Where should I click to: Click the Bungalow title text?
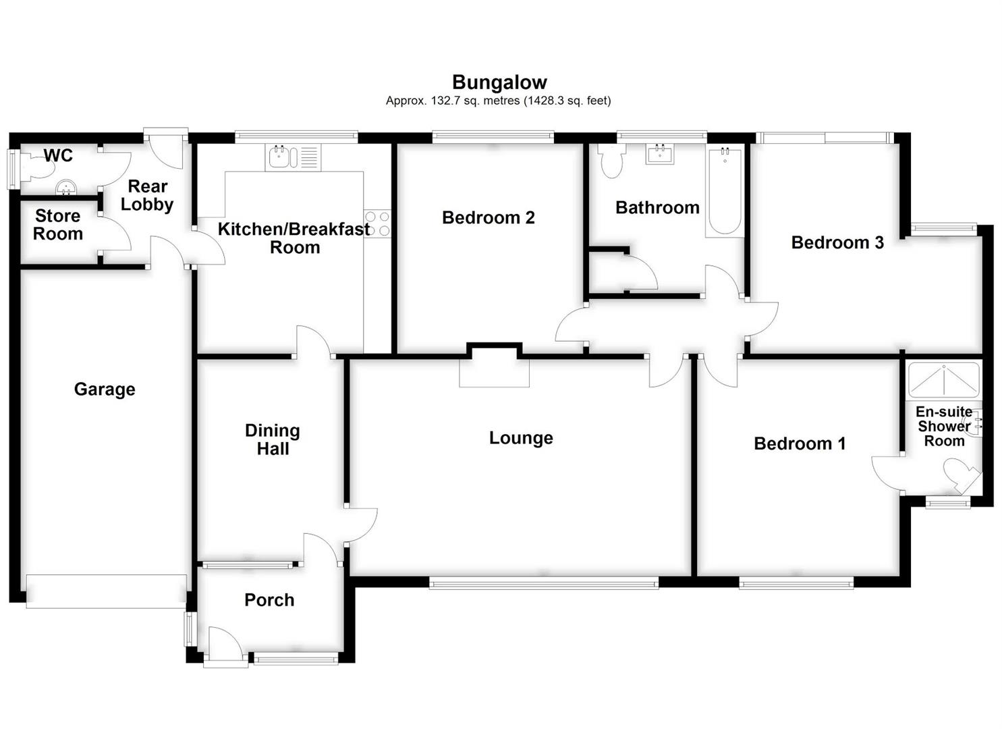coord(499,82)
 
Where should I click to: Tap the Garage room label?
coord(105,389)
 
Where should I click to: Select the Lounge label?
coord(521,438)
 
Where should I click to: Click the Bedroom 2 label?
coord(488,217)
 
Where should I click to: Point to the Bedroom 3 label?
coord(837,242)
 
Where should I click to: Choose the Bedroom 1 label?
coord(800,443)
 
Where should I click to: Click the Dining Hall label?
coord(273,439)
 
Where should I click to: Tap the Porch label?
coord(269,600)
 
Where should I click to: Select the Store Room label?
coord(58,225)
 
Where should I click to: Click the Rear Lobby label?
coord(148,195)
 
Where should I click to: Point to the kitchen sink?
coord(280,158)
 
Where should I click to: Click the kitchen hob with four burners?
coord(378,224)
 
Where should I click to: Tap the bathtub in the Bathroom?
coord(725,191)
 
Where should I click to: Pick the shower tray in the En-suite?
coord(943,379)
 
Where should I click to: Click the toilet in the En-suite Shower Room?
coord(961,473)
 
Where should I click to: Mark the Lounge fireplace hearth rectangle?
coord(494,373)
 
